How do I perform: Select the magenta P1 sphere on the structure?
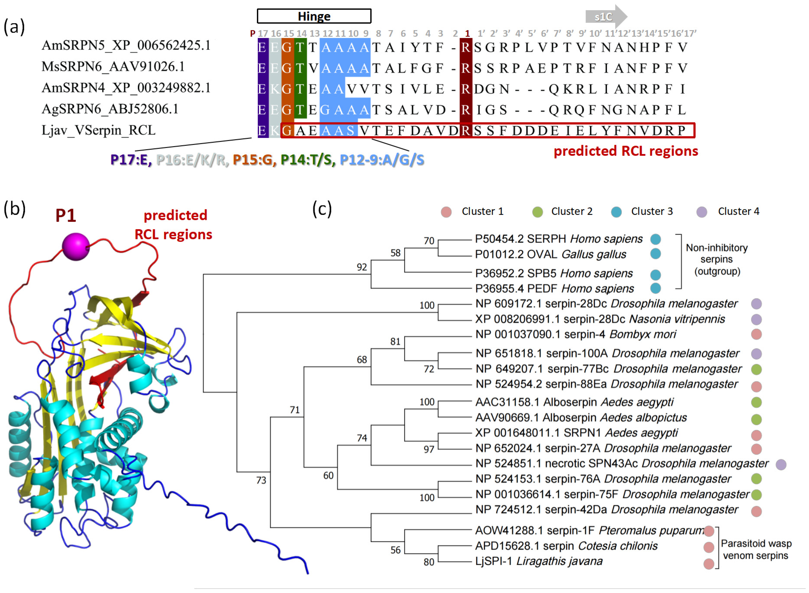click(x=75, y=247)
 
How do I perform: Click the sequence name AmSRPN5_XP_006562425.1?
click(x=126, y=46)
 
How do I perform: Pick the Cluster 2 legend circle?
click(x=537, y=212)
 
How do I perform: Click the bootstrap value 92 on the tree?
click(x=362, y=267)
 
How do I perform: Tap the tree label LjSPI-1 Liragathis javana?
click(x=539, y=561)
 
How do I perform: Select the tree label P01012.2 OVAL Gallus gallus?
click(x=550, y=255)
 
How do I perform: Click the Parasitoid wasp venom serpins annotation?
click(x=756, y=549)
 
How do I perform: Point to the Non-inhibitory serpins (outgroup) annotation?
click(x=717, y=259)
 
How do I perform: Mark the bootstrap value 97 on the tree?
click(x=428, y=449)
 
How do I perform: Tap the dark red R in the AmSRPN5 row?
click(x=466, y=47)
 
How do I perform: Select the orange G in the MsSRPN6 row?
click(x=287, y=68)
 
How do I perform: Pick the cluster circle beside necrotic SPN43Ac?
click(x=781, y=465)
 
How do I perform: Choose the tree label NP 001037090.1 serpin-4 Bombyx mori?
click(x=575, y=334)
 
